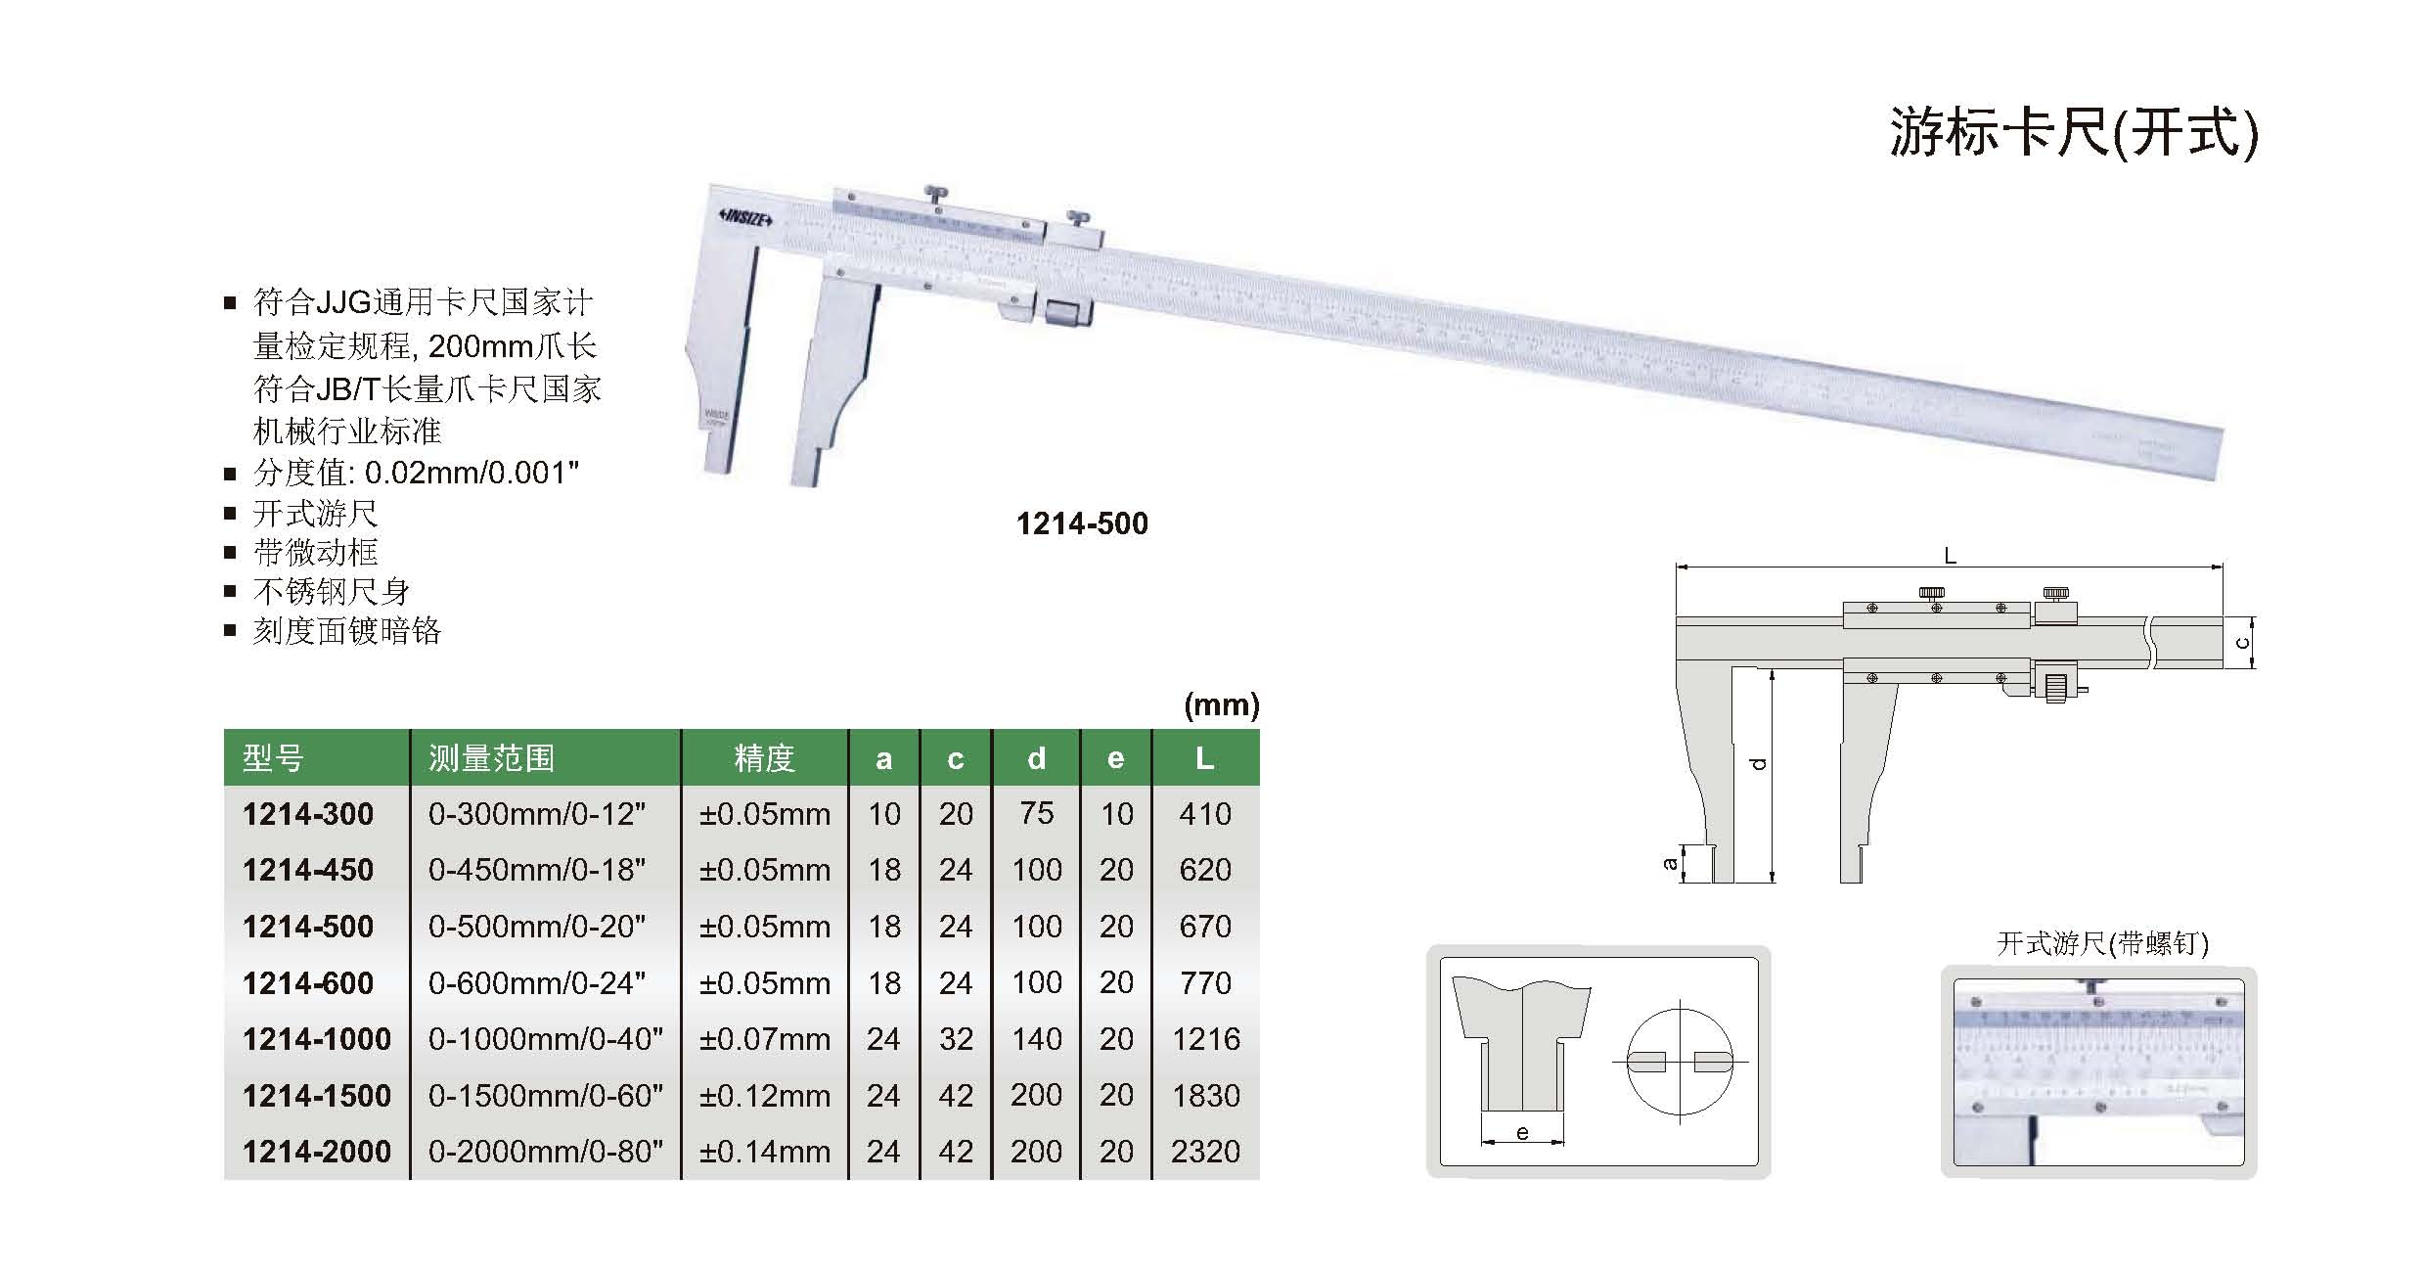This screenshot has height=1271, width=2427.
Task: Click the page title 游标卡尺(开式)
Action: (2074, 132)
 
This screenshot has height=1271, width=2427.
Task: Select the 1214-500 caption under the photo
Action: (1082, 523)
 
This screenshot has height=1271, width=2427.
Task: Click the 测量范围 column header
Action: (491, 758)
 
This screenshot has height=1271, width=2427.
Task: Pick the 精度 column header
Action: (764, 758)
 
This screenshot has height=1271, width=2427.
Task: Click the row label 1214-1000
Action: (317, 1039)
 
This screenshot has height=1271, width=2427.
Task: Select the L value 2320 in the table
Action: (1205, 1152)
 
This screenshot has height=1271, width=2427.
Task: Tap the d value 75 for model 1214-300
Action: (1036, 813)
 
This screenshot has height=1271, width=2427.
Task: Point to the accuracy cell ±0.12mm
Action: (764, 1096)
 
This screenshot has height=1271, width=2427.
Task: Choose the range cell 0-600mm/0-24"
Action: (537, 982)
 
